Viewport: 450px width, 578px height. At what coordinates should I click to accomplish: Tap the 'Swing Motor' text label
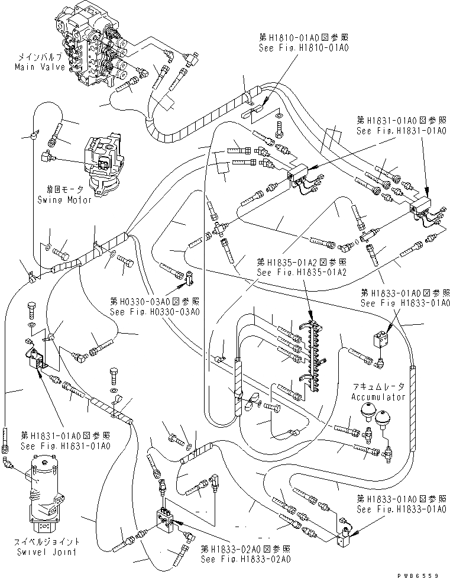pos(70,200)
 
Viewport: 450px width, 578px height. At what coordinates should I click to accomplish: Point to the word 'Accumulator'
pos(379,397)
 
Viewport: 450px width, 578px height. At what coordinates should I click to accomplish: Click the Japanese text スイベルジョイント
pos(41,541)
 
